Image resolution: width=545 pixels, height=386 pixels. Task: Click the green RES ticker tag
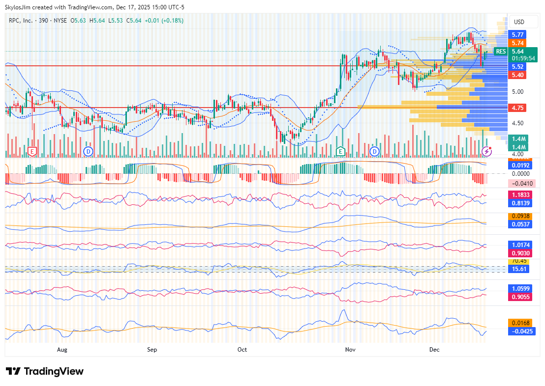pos(501,52)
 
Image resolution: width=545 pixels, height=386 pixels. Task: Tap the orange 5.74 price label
pos(517,43)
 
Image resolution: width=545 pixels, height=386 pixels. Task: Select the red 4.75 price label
pos(517,108)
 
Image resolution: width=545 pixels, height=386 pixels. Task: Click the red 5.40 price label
pos(517,75)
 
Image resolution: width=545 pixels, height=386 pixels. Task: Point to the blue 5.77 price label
pos(517,34)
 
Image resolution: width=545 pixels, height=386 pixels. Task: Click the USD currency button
pos(519,22)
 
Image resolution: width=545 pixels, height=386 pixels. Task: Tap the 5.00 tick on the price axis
pos(517,92)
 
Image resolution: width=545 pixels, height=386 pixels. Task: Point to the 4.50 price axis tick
pos(517,123)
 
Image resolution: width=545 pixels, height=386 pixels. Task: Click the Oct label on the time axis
pos(242,350)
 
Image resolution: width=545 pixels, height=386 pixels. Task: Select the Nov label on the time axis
pos(350,350)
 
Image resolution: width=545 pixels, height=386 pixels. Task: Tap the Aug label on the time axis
pos(62,350)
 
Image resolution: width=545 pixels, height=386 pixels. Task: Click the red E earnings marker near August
pos(32,151)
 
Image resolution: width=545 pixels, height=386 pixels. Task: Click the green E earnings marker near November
pos(340,151)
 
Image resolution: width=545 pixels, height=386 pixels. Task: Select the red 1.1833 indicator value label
pos(520,195)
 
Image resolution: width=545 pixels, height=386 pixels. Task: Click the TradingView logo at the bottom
pos(45,371)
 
